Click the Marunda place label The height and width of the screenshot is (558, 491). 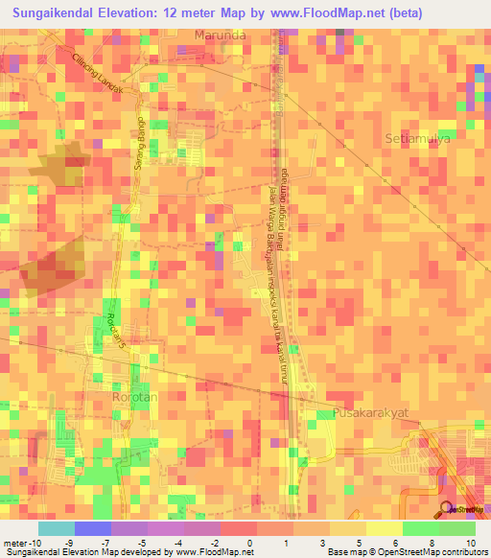[220, 35]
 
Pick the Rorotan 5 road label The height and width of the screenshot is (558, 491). [117, 329]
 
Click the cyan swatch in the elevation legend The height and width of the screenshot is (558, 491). [56, 528]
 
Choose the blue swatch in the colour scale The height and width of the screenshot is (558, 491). [92, 528]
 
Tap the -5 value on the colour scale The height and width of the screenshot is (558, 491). [141, 542]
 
